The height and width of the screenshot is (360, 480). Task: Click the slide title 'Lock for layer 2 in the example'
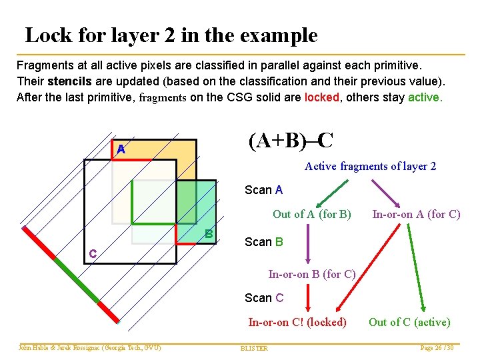(x=171, y=35)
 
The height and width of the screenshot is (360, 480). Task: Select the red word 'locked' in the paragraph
(x=322, y=97)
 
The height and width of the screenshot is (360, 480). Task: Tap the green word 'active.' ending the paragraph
(x=424, y=97)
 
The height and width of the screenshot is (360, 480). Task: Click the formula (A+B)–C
(x=291, y=141)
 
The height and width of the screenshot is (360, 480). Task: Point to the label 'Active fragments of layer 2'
(x=370, y=166)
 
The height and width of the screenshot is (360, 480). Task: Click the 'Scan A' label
(x=263, y=190)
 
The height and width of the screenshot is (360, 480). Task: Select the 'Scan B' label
(x=263, y=242)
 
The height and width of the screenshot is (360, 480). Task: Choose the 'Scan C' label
(x=263, y=298)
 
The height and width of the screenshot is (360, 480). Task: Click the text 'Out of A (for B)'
(x=311, y=214)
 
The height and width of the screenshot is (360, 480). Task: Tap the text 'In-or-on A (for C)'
(x=416, y=214)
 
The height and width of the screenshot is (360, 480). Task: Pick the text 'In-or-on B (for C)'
(x=311, y=274)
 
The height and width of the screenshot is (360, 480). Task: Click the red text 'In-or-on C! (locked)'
(x=297, y=323)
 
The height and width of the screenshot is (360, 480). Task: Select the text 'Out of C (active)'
(x=409, y=323)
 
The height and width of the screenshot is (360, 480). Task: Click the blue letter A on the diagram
(x=121, y=150)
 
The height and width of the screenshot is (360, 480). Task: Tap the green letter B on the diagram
(x=209, y=234)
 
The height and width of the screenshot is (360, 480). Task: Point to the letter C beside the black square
(x=93, y=254)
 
